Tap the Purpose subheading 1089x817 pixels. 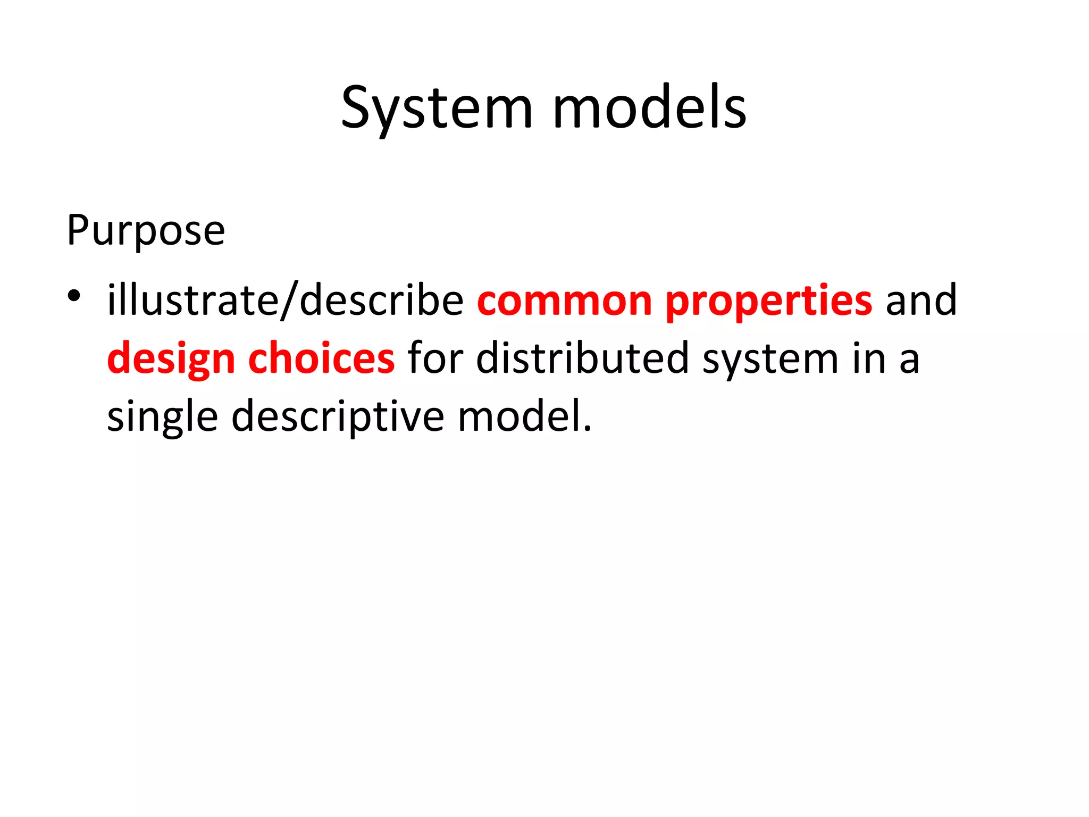pyautogui.click(x=146, y=231)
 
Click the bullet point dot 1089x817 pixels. pyautogui.click(x=74, y=296)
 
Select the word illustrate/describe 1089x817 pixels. pyautogui.click(x=286, y=301)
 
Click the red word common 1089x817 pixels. pyautogui.click(x=564, y=301)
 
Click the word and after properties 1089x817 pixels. pyautogui.click(x=921, y=301)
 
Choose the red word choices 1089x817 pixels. pyautogui.click(x=321, y=359)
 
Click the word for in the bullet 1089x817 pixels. pyautogui.click(x=434, y=359)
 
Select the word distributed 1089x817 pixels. pyautogui.click(x=582, y=359)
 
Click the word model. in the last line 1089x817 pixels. pyautogui.click(x=524, y=416)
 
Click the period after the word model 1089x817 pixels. pyautogui.click(x=587, y=429)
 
